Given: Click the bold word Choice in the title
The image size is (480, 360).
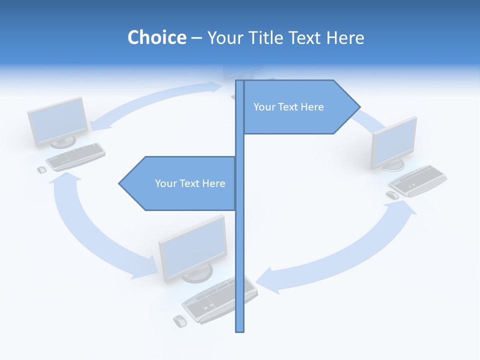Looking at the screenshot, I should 156,37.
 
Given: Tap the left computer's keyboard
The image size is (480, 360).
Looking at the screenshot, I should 75,156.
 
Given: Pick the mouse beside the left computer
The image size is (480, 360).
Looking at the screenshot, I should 41,170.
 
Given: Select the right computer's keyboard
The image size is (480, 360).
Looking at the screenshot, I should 418,180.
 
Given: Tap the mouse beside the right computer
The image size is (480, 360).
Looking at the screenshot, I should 393,195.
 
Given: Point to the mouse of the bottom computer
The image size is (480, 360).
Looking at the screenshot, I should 179,321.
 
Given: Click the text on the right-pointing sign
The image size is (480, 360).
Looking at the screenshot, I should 288,107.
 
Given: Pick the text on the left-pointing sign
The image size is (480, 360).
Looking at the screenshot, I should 190,183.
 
